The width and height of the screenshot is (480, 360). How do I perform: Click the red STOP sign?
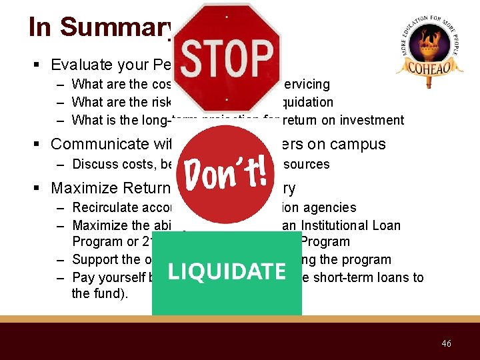click(x=227, y=57)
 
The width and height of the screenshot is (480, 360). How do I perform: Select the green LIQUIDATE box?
click(x=227, y=272)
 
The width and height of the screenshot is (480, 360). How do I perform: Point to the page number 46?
click(x=446, y=343)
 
